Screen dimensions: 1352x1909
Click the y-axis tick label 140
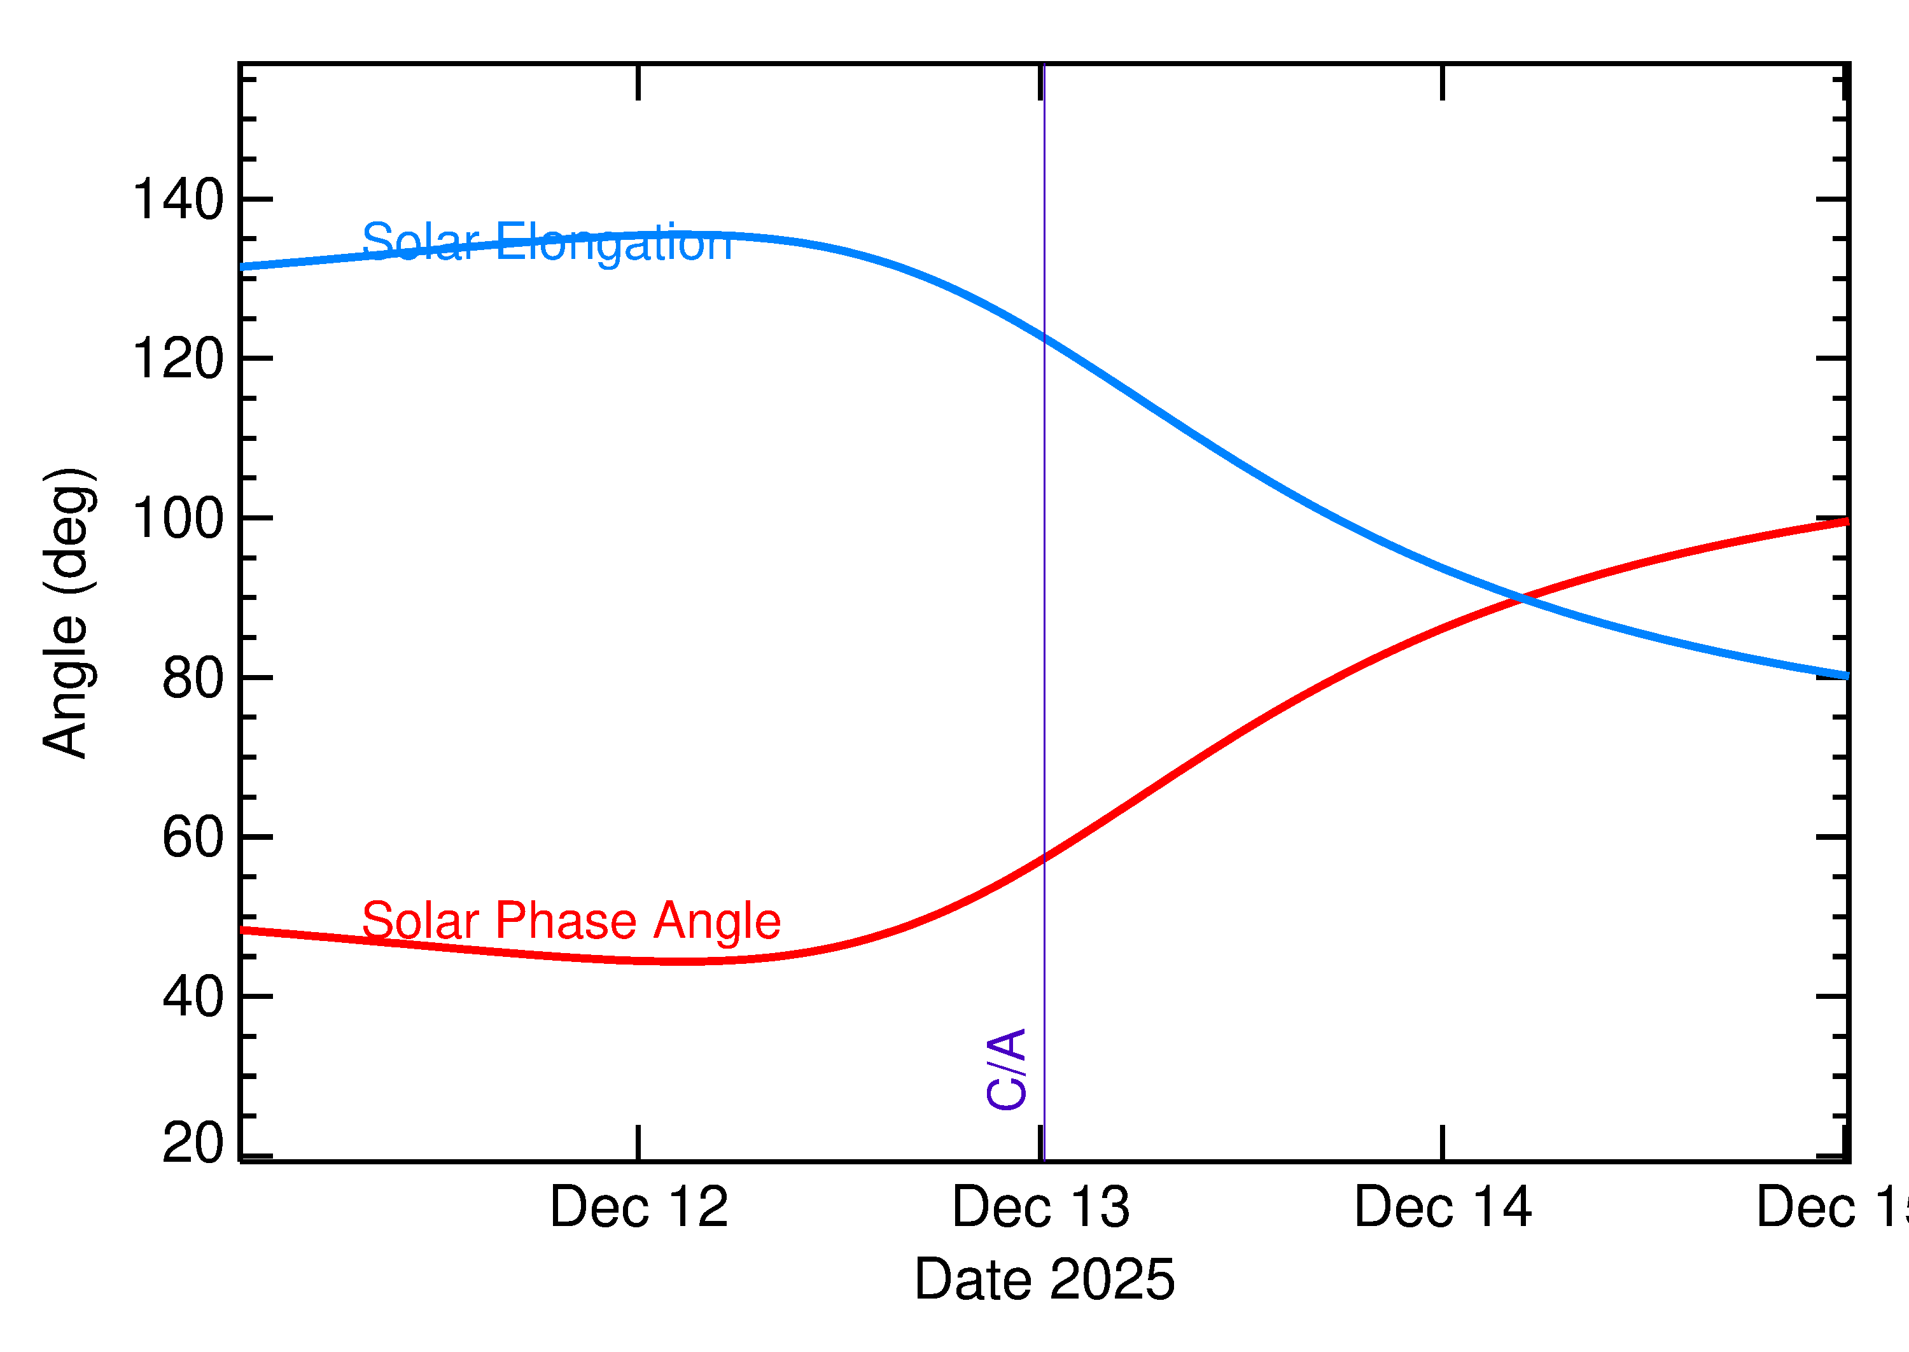[178, 200]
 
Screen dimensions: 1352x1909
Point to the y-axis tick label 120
[178, 359]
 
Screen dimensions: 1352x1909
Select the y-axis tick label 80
[193, 678]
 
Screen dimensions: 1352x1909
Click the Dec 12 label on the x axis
[638, 1207]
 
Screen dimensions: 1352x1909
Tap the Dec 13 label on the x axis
[1040, 1207]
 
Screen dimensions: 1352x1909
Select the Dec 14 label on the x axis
[1443, 1207]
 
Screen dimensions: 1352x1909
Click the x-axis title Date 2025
[1044, 1279]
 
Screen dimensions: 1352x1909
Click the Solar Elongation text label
[547, 242]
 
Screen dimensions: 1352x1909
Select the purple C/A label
[1005, 1070]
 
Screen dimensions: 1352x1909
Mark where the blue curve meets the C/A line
[1044, 337]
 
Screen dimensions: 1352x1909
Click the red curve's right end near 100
[1845, 521]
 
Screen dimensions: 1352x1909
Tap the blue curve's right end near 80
[1845, 675]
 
